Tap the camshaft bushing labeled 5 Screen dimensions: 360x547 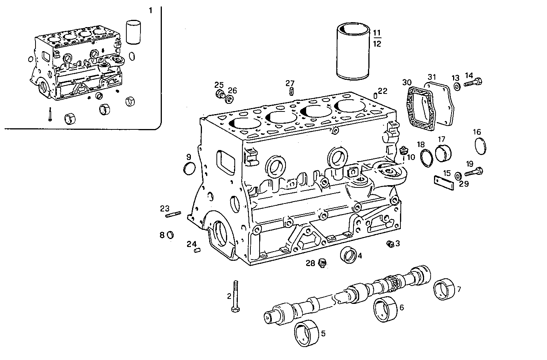pos(307,334)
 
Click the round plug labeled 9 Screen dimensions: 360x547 pos(190,168)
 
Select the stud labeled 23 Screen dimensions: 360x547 pos(173,215)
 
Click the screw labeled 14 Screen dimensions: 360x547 pos(473,81)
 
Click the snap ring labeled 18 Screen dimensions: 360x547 pos(426,158)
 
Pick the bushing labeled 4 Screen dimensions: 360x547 pos(348,255)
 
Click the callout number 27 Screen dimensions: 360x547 pos(290,83)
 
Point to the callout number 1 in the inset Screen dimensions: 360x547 pos(150,11)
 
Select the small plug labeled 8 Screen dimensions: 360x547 pos(171,234)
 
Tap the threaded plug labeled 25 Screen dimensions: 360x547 pos(219,95)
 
